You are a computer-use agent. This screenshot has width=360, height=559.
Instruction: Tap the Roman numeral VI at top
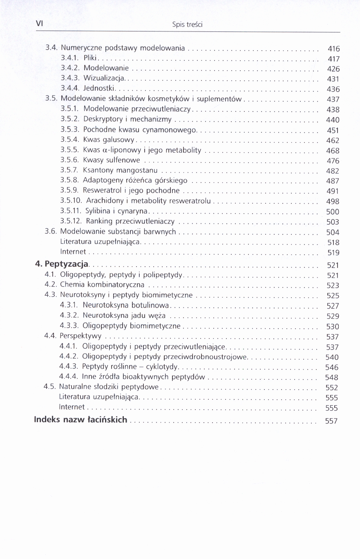[x=39, y=23]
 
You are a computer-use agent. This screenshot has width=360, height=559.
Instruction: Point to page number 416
[x=333, y=49]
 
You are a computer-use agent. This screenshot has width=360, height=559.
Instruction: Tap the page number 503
[x=333, y=222]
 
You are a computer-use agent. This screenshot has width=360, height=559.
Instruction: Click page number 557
[x=331, y=421]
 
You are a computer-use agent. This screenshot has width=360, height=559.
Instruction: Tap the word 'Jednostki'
[x=99, y=88]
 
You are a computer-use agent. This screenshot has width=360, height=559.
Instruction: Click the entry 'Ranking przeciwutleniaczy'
[x=130, y=221]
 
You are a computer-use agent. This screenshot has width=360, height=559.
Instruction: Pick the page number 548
[x=332, y=377]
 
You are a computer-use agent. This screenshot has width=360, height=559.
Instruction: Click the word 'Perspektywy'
[x=80, y=336]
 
